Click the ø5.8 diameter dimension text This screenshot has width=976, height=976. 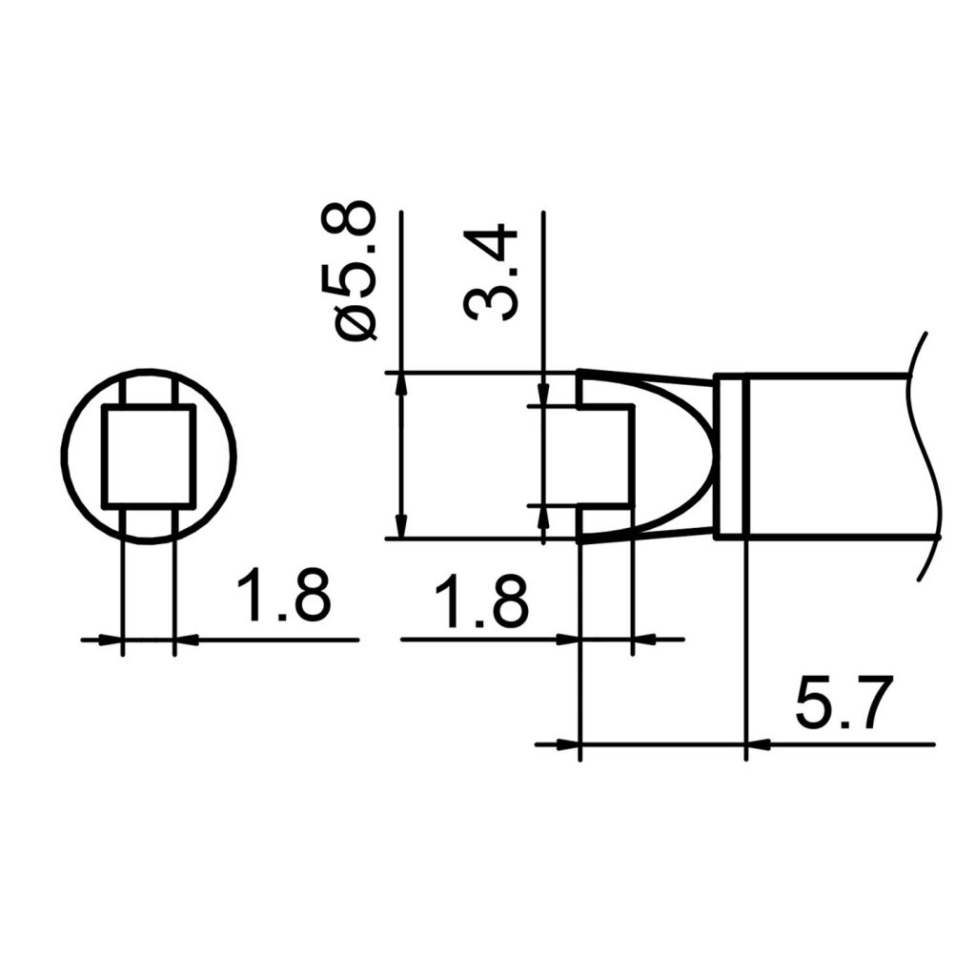(x=355, y=272)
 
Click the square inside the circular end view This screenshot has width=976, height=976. (x=149, y=455)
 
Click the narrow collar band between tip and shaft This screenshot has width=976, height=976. (x=729, y=457)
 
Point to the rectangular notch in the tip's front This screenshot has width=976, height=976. (x=605, y=456)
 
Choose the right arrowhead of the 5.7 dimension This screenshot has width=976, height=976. (x=756, y=743)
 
